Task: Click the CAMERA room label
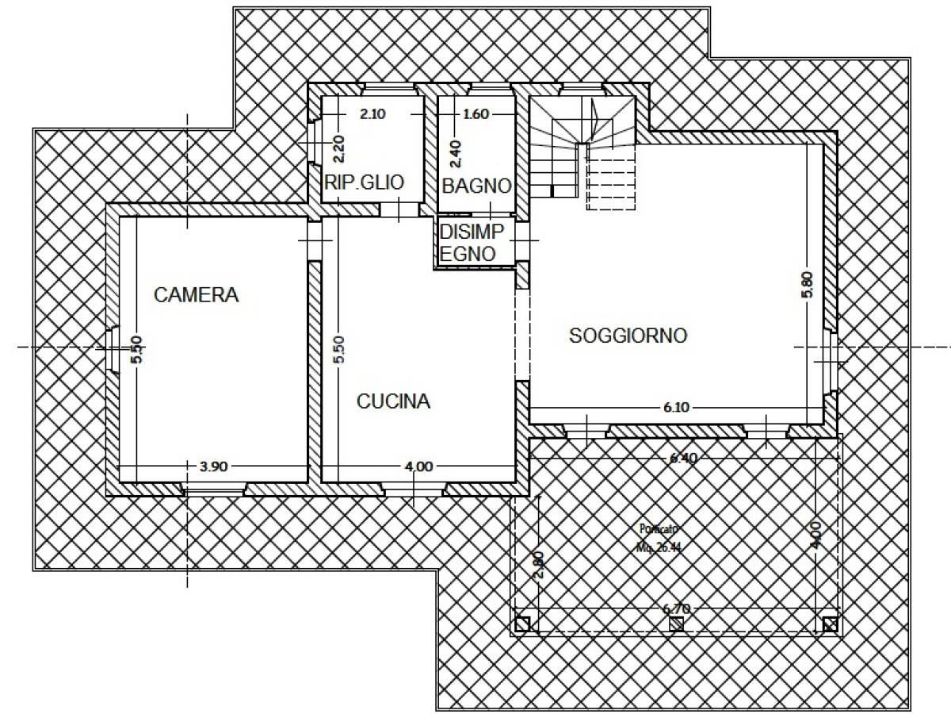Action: point(196,295)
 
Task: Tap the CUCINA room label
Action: point(393,401)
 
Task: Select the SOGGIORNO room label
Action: point(628,336)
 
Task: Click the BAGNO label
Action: point(475,186)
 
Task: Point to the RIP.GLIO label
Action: point(365,182)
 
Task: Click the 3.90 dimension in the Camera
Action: point(214,466)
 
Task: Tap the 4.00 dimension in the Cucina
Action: point(418,466)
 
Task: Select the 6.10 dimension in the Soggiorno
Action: point(675,408)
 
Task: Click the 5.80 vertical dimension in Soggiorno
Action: point(807,286)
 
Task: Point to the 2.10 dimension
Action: point(372,114)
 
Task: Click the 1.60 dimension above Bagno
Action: point(475,114)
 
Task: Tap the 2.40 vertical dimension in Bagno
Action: point(454,153)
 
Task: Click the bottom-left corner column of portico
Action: point(521,624)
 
